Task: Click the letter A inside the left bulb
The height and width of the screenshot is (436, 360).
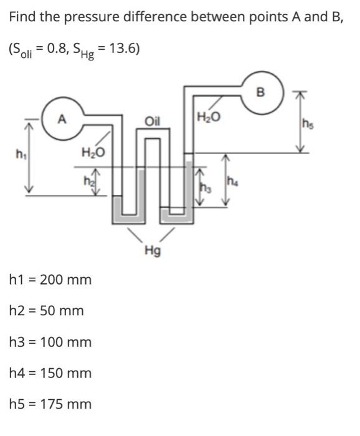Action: (x=62, y=119)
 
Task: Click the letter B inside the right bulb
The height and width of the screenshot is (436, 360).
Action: (x=260, y=92)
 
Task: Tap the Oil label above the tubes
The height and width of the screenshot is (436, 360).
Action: (x=153, y=121)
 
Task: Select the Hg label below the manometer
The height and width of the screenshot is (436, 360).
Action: (x=153, y=251)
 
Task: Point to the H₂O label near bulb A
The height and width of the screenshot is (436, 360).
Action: (x=93, y=153)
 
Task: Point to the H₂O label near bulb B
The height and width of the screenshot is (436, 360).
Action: (x=209, y=117)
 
